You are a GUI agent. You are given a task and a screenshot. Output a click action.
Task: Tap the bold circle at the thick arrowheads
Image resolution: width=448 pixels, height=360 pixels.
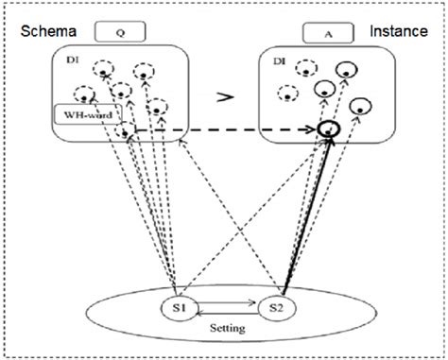328,129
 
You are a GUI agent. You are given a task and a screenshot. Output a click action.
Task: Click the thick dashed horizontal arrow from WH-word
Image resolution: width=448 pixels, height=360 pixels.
227,129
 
